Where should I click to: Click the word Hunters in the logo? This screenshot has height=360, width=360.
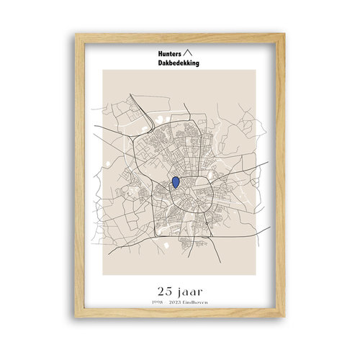pyautogui.click(x=169, y=53)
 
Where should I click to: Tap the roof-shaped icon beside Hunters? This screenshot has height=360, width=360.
pyautogui.click(x=189, y=53)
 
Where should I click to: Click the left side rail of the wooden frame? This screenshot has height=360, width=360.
pyautogui.click(x=78, y=180)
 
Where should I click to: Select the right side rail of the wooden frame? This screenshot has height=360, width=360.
pyautogui.click(x=282, y=180)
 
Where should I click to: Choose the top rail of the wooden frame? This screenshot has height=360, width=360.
pyautogui.click(x=180, y=35)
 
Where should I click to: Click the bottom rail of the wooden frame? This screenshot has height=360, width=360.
pyautogui.click(x=180, y=323)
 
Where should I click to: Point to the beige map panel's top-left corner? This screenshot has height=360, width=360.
pyautogui.click(x=103, y=70)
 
